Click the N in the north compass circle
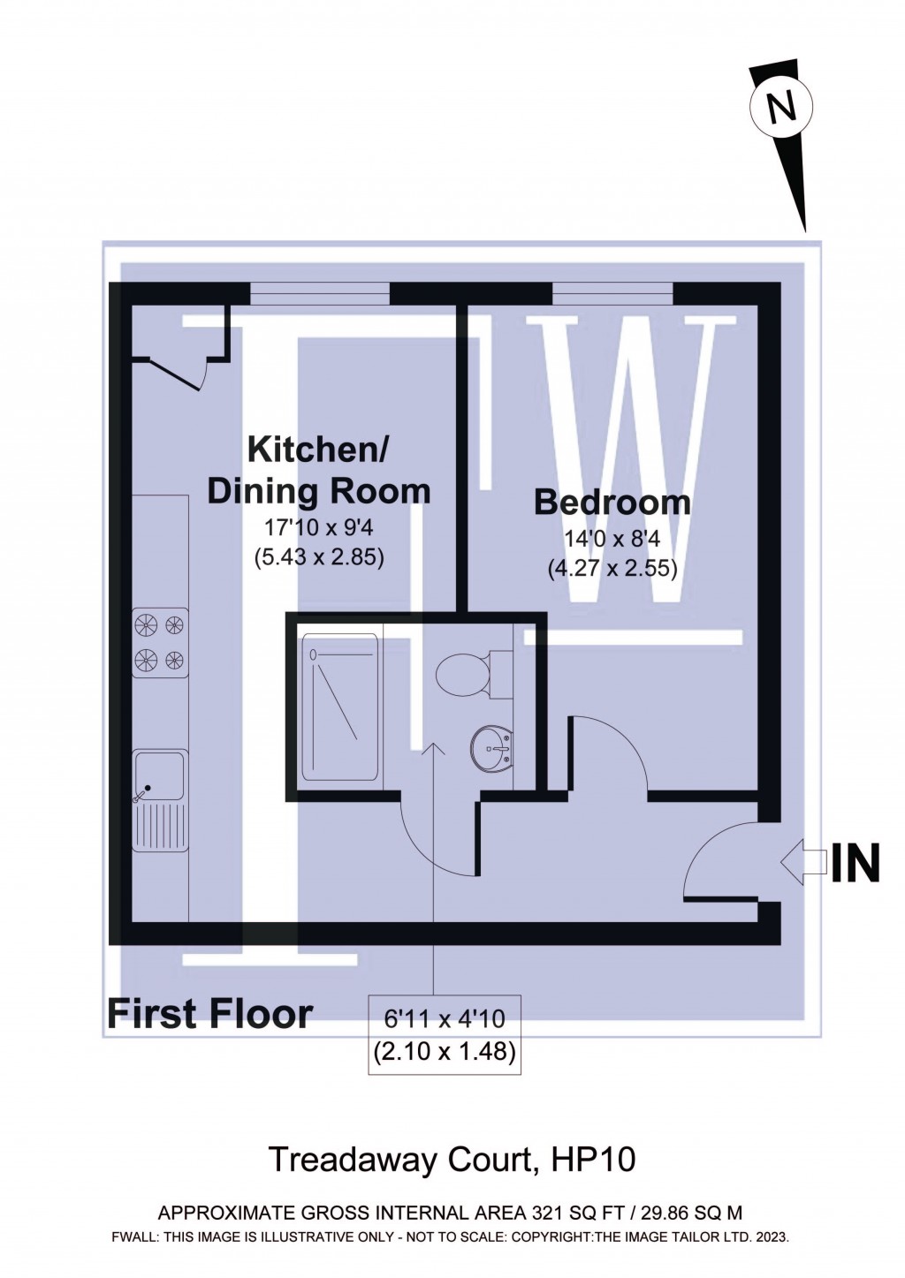coord(780,107)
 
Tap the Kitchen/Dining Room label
coord(318,469)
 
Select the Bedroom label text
coord(612,502)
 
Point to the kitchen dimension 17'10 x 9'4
coord(318,528)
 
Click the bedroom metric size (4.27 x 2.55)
coord(612,568)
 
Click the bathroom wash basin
coord(491,749)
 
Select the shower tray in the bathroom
coord(340,707)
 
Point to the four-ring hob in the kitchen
coord(160,641)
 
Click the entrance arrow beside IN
coord(802,864)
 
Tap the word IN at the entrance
coord(856,864)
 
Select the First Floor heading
coord(209,1014)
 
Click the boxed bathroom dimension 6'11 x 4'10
coord(444,1019)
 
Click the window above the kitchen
coord(319,292)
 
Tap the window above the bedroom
coord(612,292)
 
